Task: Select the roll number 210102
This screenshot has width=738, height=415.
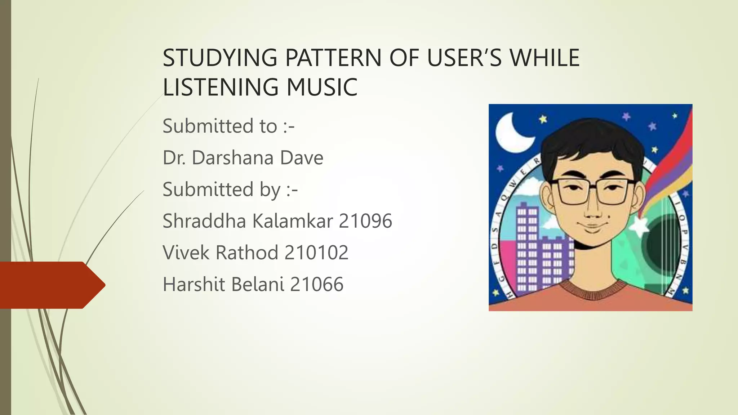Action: (x=316, y=253)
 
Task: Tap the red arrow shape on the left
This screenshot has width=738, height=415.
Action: (x=50, y=285)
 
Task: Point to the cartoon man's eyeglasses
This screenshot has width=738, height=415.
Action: (x=593, y=191)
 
